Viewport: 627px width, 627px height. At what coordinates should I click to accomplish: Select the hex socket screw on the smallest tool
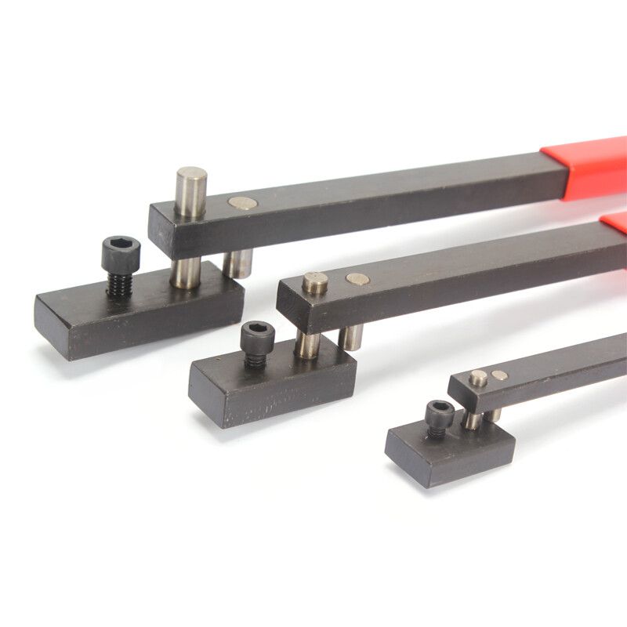[x=440, y=415]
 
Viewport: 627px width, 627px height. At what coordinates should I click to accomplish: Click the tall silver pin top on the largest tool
[x=190, y=185]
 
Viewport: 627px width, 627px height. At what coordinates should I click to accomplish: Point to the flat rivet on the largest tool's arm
[x=243, y=203]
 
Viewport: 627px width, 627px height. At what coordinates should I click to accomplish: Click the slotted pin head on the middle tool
[x=316, y=282]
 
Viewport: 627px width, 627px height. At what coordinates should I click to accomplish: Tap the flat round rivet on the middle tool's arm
[x=357, y=278]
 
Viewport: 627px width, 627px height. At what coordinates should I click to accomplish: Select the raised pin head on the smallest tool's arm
[x=478, y=378]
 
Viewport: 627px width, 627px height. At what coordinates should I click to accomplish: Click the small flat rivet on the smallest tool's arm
[x=499, y=375]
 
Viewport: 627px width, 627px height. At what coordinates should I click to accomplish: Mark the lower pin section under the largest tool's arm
[x=186, y=273]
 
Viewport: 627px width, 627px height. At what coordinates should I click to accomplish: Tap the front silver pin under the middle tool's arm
[x=307, y=345]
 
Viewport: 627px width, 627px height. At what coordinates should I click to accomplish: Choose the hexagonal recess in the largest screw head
[x=121, y=245]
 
